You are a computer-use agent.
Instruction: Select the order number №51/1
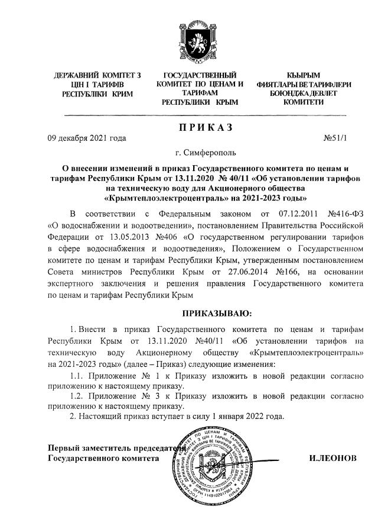click(336, 139)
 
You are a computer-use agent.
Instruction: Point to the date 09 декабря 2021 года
click(87, 139)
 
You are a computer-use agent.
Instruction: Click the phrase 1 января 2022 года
click(251, 416)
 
